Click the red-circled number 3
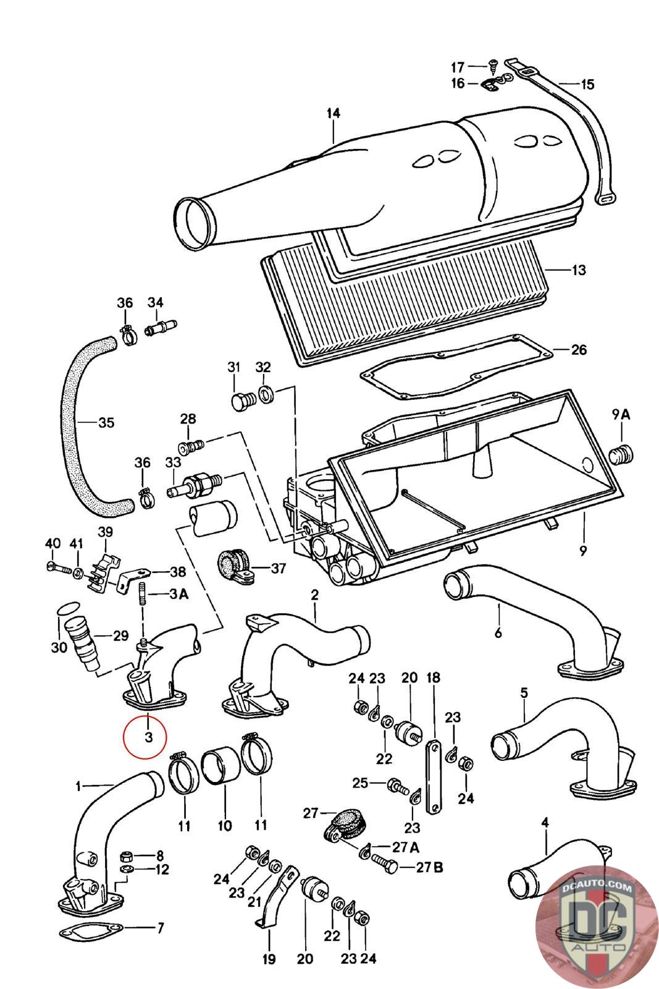coord(149,736)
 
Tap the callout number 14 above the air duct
coord(334,114)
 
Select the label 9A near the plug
coord(621,415)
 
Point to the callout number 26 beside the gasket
coord(579,350)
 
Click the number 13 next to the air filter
coord(578,270)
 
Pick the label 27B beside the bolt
coord(429,867)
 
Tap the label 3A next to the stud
coord(178,594)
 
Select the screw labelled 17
coord(493,66)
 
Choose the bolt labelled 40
coord(59,567)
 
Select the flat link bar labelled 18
coord(434,776)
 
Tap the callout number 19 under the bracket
coord(269,959)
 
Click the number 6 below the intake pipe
coord(498,633)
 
